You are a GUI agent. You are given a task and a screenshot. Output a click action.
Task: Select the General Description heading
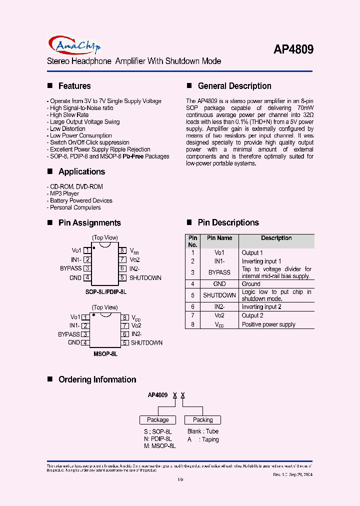tap(234, 86)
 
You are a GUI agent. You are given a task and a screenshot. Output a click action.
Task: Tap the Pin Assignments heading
tap(89, 223)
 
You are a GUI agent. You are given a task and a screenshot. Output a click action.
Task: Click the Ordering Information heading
tap(97, 379)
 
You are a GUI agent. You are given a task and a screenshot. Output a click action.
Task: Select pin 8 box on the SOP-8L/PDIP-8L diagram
tap(122, 250)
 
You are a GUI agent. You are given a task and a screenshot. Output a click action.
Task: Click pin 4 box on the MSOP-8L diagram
tap(85, 343)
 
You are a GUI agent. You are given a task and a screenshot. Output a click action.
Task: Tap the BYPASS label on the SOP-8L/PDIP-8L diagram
tap(70, 268)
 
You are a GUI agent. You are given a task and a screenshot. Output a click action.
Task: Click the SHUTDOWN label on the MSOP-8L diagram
tap(146, 343)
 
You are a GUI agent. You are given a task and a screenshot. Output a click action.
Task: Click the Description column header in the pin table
tap(276, 238)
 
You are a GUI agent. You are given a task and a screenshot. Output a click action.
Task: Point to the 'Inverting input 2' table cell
tap(261, 307)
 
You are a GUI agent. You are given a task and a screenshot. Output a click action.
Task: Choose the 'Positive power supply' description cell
tap(268, 324)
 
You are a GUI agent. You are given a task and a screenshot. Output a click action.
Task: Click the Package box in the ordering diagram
tap(157, 420)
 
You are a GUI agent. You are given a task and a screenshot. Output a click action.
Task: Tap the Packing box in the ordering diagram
tap(202, 420)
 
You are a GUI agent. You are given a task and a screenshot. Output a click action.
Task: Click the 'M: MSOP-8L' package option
tap(159, 445)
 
